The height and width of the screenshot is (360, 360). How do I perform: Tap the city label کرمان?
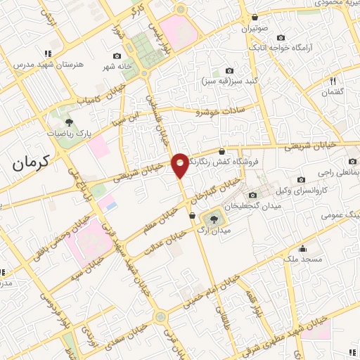(33, 163)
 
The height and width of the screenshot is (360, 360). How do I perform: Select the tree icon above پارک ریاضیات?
(67, 120)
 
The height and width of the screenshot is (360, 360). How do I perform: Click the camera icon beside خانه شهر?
(116, 56)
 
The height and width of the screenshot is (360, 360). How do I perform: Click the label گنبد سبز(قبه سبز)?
(229, 81)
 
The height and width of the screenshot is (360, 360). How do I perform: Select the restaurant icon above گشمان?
(333, 81)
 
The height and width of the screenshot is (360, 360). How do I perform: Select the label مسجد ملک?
(303, 259)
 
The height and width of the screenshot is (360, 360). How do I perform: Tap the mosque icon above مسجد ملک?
(303, 248)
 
